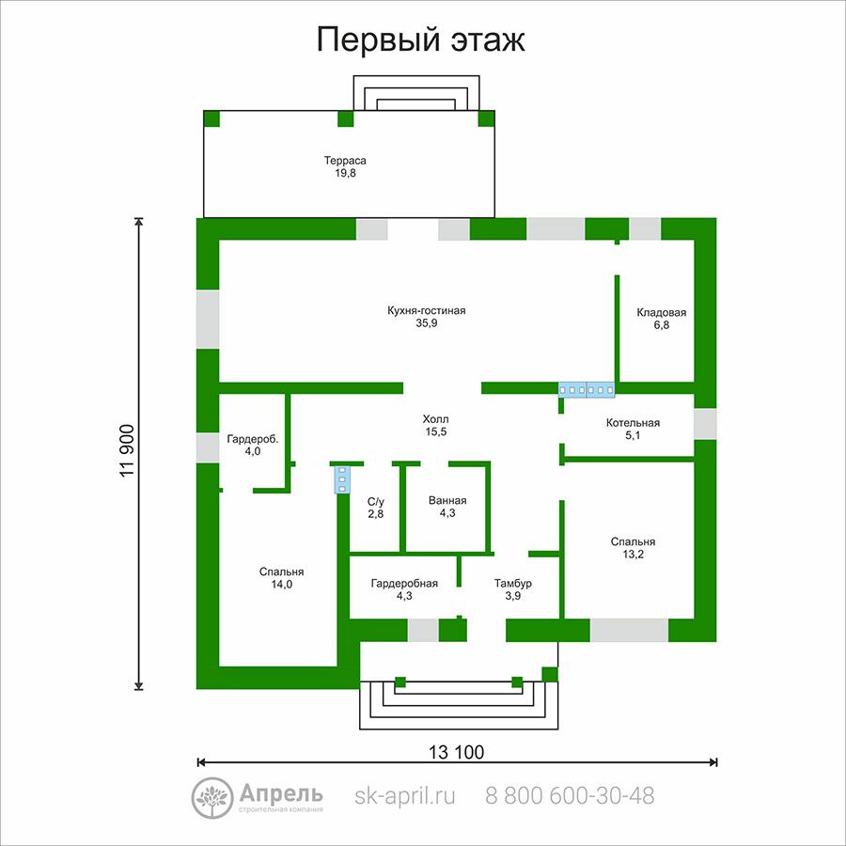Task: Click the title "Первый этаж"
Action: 420,39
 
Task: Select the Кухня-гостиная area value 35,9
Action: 426,323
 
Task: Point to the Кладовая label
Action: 662,312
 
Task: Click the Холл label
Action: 435,419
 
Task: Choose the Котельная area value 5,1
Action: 633,435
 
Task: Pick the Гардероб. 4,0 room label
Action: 253,446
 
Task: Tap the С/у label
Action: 375,502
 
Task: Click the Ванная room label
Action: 447,501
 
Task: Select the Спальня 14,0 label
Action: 282,578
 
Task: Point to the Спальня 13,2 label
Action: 633,548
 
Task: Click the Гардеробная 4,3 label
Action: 404,589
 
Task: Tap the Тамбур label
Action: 513,583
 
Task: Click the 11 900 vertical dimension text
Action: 127,451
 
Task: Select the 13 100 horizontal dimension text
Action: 457,752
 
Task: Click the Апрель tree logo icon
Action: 212,798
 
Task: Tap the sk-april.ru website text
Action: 404,796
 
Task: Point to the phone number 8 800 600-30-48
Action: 570,796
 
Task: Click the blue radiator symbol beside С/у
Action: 341,479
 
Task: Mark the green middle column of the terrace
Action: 345,118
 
